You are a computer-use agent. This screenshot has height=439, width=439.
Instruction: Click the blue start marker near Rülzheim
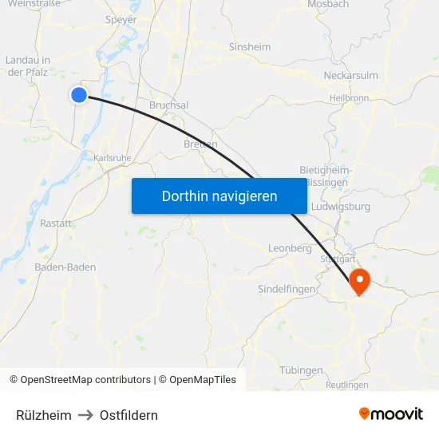click(79, 95)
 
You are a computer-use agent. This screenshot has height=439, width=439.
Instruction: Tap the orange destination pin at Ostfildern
click(359, 281)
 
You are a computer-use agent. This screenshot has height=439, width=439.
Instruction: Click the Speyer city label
click(121, 20)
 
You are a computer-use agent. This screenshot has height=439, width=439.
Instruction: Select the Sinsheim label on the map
click(250, 47)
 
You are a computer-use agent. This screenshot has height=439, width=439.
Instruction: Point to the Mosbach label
click(328, 5)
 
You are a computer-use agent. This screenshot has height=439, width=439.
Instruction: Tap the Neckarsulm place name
click(350, 76)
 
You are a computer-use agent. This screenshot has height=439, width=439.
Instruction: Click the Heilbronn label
click(349, 98)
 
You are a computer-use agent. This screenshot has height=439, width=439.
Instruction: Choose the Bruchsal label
click(168, 105)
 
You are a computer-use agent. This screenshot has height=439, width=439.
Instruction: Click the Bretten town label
click(200, 144)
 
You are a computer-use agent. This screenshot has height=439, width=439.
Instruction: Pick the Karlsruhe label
click(112, 158)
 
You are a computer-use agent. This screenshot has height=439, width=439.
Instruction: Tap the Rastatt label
click(56, 223)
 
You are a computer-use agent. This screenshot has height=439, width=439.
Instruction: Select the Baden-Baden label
click(65, 267)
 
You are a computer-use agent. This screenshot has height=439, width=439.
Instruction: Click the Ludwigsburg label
click(341, 207)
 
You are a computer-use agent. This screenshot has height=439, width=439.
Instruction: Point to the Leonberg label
click(290, 248)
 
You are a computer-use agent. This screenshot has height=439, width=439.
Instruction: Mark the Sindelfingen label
click(287, 288)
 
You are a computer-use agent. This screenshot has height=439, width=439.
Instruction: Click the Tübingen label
click(301, 370)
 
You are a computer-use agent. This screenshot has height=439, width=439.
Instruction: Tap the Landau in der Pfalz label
click(28, 65)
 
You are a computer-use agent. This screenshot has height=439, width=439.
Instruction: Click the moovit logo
click(391, 414)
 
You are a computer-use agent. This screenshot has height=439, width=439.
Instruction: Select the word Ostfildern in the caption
click(129, 415)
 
